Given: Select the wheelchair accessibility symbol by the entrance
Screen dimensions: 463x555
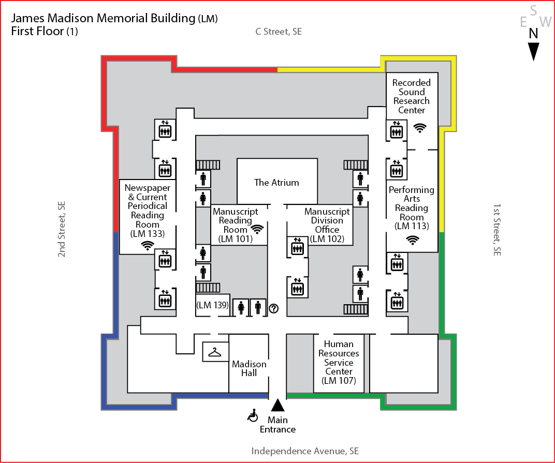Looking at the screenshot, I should pos(253,414).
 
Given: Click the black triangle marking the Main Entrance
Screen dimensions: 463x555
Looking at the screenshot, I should pos(278,406).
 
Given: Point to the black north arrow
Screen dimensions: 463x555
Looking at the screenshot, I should pos(533,50).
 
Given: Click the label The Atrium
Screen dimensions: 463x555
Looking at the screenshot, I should pos(276,182).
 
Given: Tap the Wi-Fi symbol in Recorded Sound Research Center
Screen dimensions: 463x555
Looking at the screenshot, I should pos(420,127).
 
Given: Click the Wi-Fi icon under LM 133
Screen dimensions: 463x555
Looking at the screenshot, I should pos(148,246).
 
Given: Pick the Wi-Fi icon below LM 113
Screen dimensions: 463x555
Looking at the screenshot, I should pos(412,239).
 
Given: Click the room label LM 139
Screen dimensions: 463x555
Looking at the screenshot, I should pos(212,305).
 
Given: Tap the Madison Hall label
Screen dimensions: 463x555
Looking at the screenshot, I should pos(249,368).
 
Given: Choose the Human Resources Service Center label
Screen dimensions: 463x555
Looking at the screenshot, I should pos(339,362).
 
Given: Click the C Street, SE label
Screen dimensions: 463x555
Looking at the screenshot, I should pos(279,32).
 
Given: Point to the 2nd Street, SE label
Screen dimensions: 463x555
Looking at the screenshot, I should pos(62,229).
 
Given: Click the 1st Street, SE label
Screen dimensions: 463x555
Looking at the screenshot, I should pos(496,229).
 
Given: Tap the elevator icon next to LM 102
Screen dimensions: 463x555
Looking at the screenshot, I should pos(297,247).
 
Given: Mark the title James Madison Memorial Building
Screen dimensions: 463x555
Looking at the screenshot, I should pos(103,19).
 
